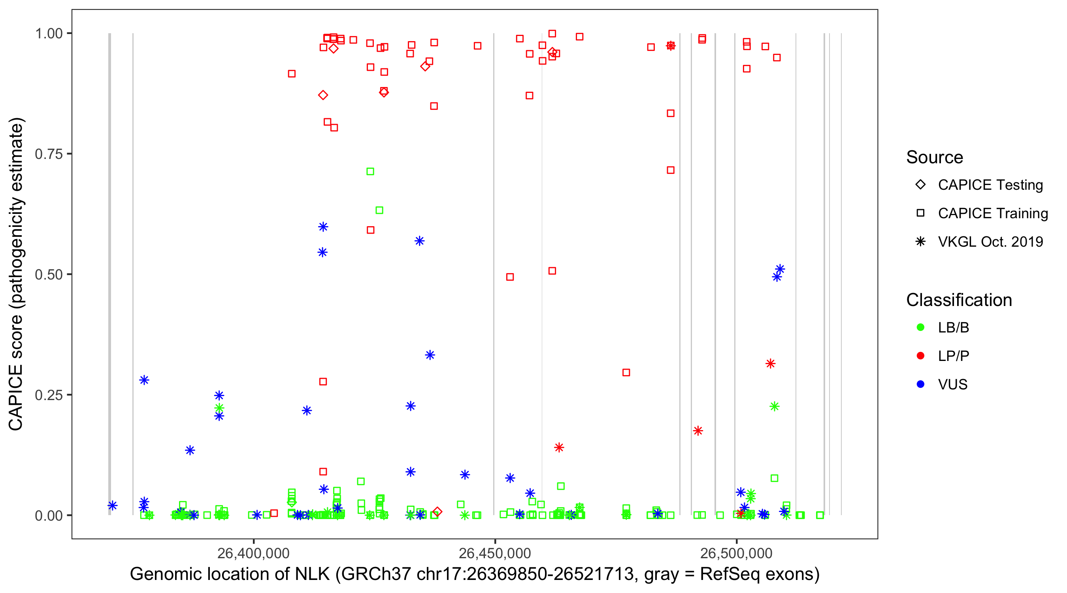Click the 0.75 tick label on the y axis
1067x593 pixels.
48,154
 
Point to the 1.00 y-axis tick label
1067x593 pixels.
48,33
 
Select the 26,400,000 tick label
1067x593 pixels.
253,553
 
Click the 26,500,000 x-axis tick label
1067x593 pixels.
736,553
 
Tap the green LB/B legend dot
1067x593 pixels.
920,327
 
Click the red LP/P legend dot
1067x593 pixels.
920,356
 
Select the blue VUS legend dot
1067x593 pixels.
920,384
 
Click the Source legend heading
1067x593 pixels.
935,157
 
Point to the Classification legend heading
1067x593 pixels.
959,300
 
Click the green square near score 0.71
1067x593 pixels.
370,172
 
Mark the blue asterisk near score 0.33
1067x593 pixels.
430,355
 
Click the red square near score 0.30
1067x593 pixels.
626,372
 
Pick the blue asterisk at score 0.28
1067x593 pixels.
144,380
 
